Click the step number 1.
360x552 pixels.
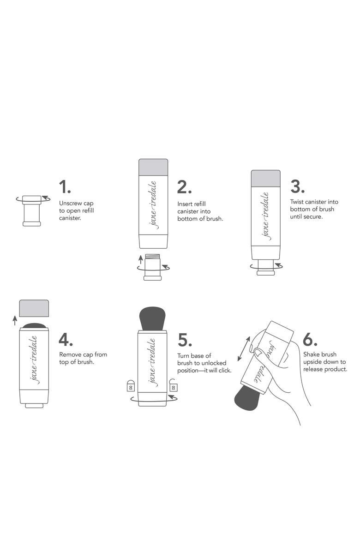click(65, 186)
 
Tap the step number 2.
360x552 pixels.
click(185, 187)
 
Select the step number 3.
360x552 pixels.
click(297, 186)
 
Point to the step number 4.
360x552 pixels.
click(66, 339)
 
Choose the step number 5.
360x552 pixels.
click(185, 340)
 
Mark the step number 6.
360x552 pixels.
click(310, 339)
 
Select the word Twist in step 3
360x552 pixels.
click(297, 202)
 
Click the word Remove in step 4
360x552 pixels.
click(70, 354)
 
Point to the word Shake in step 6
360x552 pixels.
click(311, 354)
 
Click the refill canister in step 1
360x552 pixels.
click(32, 210)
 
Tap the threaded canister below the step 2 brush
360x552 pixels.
click(153, 267)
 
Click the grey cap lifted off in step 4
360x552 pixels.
click(34, 308)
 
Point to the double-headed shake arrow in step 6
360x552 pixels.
click(244, 349)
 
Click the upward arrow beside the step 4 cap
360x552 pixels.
click(15, 320)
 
